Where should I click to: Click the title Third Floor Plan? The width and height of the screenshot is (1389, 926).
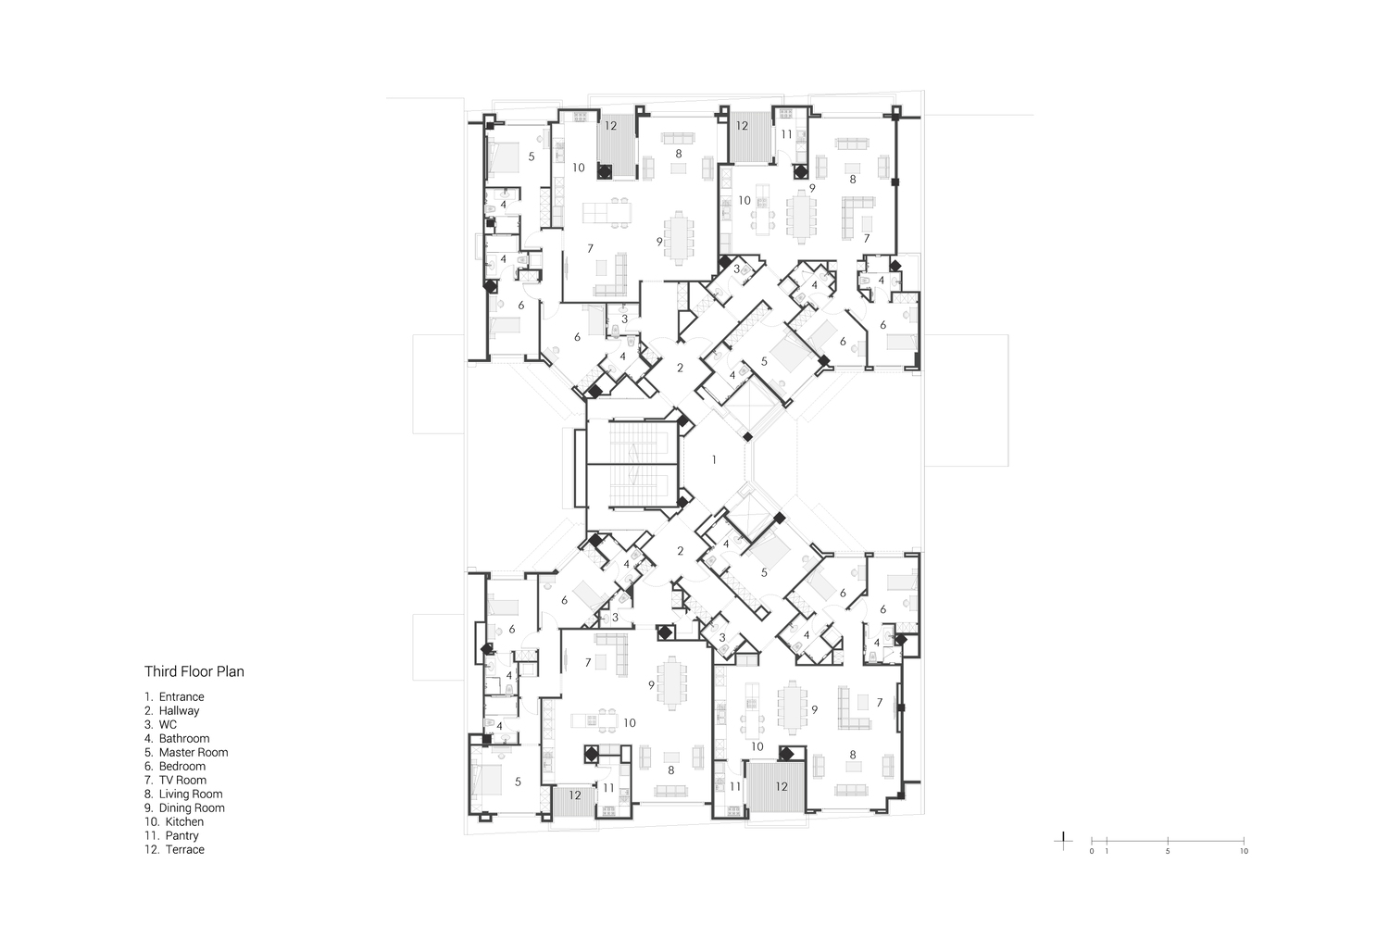pos(194,671)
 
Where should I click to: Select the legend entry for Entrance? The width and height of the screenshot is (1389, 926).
pos(174,696)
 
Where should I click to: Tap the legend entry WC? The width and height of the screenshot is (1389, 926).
pos(160,724)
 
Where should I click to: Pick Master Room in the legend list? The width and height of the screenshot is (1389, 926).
pos(186,752)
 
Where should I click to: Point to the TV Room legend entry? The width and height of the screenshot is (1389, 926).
pos(176,781)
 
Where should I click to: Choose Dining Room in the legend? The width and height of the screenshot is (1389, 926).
pos(185,807)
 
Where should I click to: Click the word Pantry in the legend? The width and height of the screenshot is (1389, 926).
pos(181,835)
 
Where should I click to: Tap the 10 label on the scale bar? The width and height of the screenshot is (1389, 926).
pos(1244,852)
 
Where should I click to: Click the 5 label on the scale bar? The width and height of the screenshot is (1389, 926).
pos(1168,852)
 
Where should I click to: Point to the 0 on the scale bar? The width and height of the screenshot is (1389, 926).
pos(1092,852)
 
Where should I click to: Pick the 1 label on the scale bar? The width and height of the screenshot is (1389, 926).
pos(1107,852)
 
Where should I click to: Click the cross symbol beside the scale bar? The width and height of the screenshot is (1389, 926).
pos(1063,841)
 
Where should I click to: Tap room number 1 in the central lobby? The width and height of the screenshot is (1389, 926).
pos(714,459)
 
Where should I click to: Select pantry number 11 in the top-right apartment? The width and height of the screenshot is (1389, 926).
pos(786,134)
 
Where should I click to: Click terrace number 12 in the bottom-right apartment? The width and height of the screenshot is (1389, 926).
pos(782,786)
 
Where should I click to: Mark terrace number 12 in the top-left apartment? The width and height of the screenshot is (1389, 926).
pos(611,125)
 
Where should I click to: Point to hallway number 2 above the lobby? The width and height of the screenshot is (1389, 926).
pos(681,368)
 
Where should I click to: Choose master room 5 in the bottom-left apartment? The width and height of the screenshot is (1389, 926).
pos(518,782)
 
